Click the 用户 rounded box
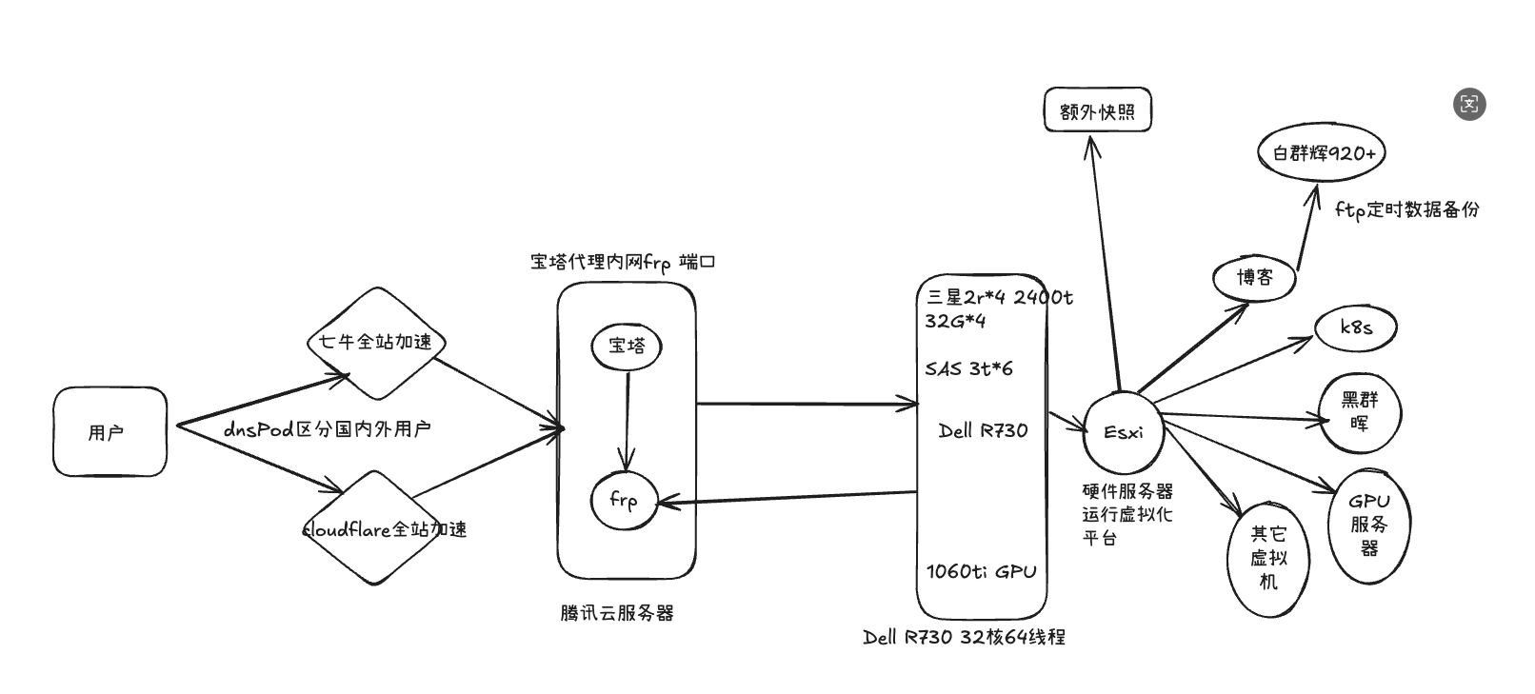tap(110, 431)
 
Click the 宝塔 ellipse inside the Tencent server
tap(627, 347)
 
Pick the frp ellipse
tap(624, 501)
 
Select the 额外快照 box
tap(1097, 111)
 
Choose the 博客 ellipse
tap(1255, 278)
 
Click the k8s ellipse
tap(1356, 327)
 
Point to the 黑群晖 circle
tap(1360, 412)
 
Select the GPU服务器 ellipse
tap(1369, 525)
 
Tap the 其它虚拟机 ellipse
tap(1268, 558)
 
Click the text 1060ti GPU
tap(981, 571)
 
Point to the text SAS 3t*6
tap(968, 369)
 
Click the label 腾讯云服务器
tap(617, 614)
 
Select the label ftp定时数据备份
tap(1406, 209)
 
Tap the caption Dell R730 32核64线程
tap(964, 638)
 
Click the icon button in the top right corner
tap(1469, 104)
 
